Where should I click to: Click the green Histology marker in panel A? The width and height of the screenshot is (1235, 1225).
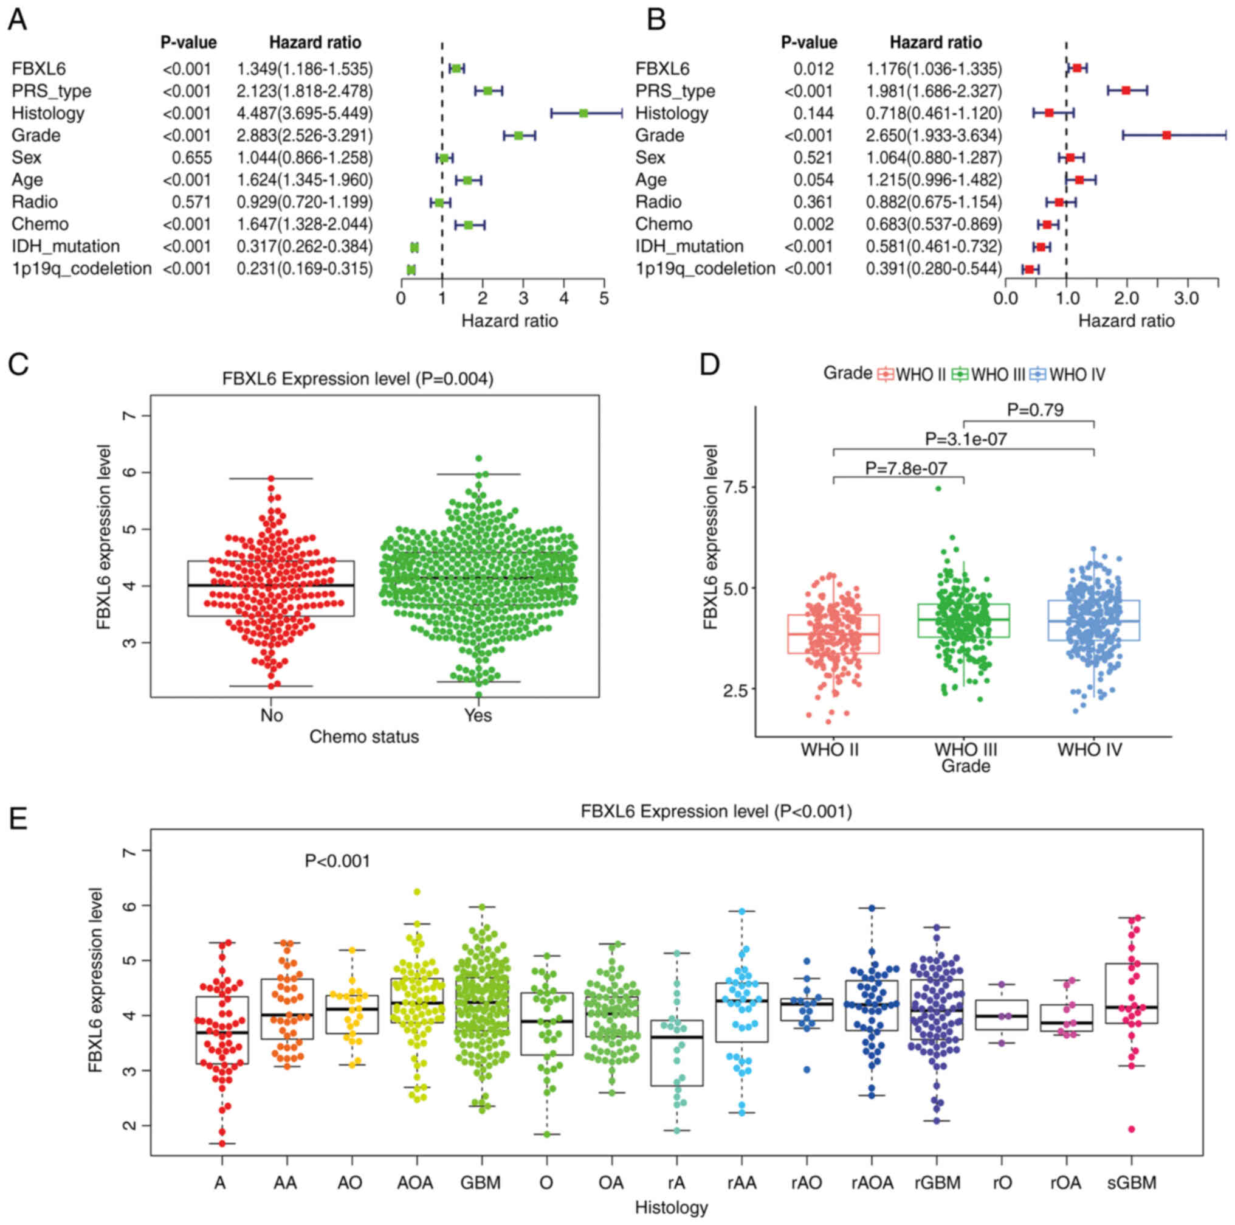click(x=583, y=113)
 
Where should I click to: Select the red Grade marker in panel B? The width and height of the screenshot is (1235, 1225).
click(x=1166, y=135)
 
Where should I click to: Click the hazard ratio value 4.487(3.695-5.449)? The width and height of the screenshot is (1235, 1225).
click(x=305, y=113)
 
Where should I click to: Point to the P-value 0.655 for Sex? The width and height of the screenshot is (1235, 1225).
click(x=192, y=158)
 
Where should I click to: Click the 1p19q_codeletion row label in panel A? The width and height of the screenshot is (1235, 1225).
click(x=82, y=269)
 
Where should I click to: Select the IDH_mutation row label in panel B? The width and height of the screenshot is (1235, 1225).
click(x=689, y=246)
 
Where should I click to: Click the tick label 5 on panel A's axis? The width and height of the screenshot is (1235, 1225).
click(x=604, y=298)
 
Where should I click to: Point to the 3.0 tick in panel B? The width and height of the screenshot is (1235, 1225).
click(x=1187, y=298)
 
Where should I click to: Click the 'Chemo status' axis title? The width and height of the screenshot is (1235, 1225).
click(x=363, y=737)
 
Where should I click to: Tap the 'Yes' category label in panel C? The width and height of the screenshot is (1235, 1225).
click(x=478, y=715)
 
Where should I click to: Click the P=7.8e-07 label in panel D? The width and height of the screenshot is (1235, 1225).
click(x=906, y=468)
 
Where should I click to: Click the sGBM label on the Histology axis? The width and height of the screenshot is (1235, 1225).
click(x=1131, y=1183)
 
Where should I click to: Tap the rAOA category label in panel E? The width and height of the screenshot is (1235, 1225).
click(x=872, y=1183)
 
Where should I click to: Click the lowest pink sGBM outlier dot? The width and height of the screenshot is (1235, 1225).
click(x=1131, y=1129)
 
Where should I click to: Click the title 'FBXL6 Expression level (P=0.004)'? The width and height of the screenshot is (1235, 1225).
click(x=357, y=380)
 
